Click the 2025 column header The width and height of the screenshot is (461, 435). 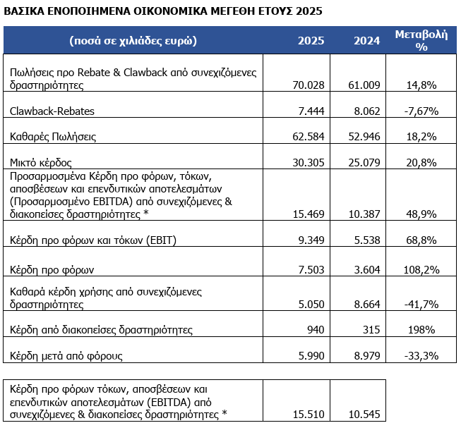coord(311,40)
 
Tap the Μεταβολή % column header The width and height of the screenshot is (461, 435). coord(421,40)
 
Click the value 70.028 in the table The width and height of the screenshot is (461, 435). coord(311,85)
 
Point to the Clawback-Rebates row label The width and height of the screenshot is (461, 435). coord(52,111)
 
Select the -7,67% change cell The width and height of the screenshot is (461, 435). coord(421,111)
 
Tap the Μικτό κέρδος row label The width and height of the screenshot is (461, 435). coord(42,162)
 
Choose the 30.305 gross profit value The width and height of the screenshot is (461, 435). coord(311,162)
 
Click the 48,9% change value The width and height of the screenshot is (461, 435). coord(421,214)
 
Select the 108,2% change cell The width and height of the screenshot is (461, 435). coord(421,269)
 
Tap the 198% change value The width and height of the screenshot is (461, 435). coord(421,329)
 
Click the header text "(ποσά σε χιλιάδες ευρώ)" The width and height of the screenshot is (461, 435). coord(133,40)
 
